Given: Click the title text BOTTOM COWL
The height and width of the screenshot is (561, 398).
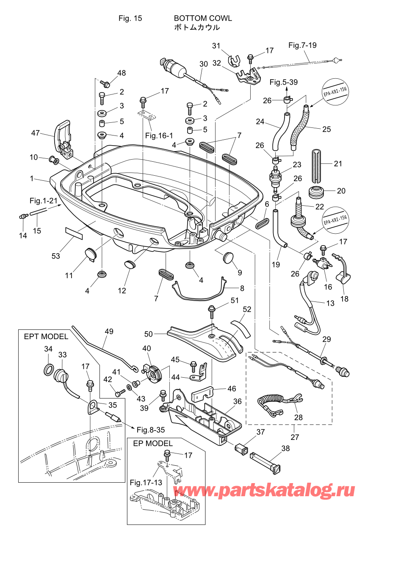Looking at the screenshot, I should [203, 18].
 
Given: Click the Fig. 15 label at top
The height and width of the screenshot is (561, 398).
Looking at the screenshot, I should [130, 18].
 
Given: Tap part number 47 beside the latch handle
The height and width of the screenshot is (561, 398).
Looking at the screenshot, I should [36, 133].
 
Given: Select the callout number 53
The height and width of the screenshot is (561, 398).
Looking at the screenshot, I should [55, 256].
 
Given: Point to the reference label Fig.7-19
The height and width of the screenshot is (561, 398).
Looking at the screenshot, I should [302, 45].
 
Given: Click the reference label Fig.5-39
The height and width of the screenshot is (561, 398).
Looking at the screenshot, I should [283, 82].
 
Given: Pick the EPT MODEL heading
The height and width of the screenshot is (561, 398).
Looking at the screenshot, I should [46, 337].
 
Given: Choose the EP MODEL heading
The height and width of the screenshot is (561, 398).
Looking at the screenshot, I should [152, 443].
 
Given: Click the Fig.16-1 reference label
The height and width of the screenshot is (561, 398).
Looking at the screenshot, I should [159, 135].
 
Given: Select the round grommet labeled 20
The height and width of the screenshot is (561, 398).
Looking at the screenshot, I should [317, 192].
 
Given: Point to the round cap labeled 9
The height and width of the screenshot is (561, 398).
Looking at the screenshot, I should [229, 257].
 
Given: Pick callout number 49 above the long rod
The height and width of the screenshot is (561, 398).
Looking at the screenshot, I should [109, 331].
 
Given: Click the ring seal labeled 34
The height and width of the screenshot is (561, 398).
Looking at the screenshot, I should [49, 370].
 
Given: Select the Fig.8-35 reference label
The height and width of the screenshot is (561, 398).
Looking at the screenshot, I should [151, 430].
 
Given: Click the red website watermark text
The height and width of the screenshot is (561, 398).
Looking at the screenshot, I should [264, 490].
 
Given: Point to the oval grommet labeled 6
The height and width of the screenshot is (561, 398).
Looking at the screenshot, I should [263, 223].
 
